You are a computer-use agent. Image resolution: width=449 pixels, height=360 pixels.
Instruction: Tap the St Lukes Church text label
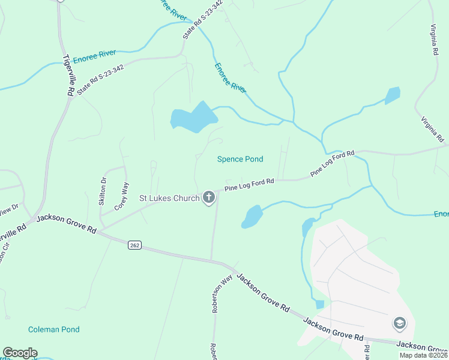pyautogui.click(x=169, y=198)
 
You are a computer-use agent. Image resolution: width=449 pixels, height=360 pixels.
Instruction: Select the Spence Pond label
pyautogui.click(x=240, y=159)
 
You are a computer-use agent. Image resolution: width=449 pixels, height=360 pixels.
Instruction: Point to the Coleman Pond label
pyautogui.click(x=53, y=329)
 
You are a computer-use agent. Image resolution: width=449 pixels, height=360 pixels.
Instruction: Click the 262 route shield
pyautogui.click(x=135, y=245)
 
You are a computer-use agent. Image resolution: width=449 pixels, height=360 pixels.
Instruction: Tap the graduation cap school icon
pyautogui.click(x=399, y=324)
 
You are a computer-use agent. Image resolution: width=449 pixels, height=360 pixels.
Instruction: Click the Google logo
pyautogui.click(x=20, y=353)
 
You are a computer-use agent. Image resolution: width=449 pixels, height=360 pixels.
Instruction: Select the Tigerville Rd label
pyautogui.click(x=68, y=76)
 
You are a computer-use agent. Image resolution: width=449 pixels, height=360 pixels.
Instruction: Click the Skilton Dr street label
pyautogui.click(x=103, y=191)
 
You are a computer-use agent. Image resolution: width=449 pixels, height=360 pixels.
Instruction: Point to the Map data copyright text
pyautogui.click(x=423, y=355)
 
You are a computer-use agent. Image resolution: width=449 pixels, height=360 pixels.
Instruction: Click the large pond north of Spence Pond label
pyautogui.click(x=194, y=117)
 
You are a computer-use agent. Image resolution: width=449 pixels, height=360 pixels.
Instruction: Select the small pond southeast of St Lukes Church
pyautogui.click(x=253, y=216)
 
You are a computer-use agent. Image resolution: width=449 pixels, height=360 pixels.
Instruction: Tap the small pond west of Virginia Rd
pyautogui.click(x=393, y=95)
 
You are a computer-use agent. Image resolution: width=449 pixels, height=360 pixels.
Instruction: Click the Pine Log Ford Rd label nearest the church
pyautogui.click(x=249, y=184)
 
